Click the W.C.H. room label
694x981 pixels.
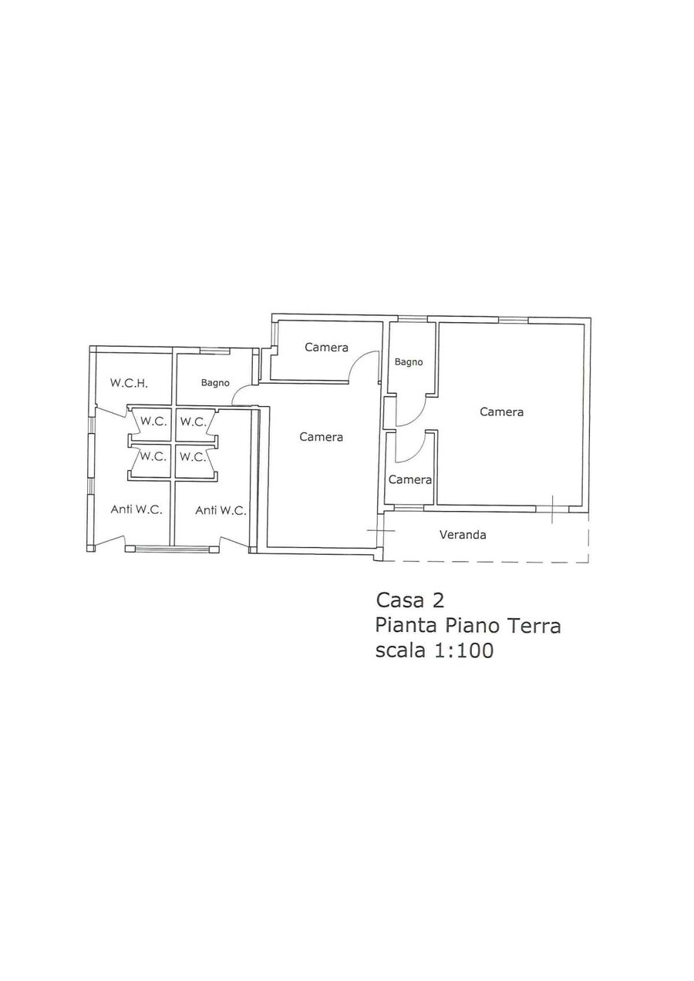[x=129, y=383]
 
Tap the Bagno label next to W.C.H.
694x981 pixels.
[x=215, y=383]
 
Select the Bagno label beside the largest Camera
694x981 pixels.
[x=409, y=362]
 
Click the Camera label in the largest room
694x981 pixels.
[x=502, y=412]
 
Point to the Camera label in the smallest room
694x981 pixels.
[x=410, y=479]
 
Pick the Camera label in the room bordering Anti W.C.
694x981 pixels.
[x=321, y=437]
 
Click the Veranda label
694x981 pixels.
[x=463, y=535]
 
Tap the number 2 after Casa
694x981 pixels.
[x=438, y=600]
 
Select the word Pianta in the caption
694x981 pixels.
[x=406, y=626]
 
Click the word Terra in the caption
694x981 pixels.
[x=534, y=626]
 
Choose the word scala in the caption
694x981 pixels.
[x=400, y=650]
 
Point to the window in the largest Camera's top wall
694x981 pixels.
[x=513, y=319]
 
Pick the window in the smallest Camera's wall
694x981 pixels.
[x=409, y=508]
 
